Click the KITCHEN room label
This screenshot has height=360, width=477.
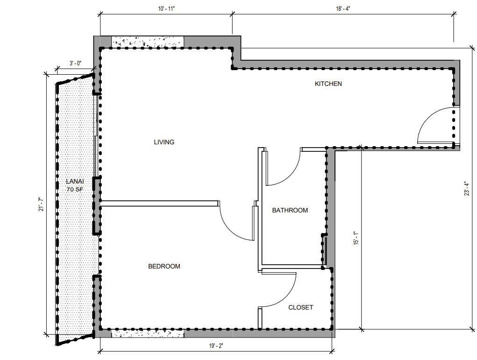point(328,84)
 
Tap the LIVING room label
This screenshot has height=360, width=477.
point(164,142)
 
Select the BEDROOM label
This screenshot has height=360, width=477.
point(164,266)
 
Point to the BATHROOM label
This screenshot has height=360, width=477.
point(290,210)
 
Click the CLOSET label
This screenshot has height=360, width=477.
point(300,307)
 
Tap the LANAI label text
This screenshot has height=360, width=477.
point(75,182)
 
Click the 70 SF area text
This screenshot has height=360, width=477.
point(75,190)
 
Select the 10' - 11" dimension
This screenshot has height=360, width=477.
point(166,8)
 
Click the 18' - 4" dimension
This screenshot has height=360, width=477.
point(343,8)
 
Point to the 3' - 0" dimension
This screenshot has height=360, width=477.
point(75,63)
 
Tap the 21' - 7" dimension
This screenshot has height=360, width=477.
point(41,205)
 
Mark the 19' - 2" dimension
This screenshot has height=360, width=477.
point(216,346)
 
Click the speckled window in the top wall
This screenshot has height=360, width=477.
point(148,42)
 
